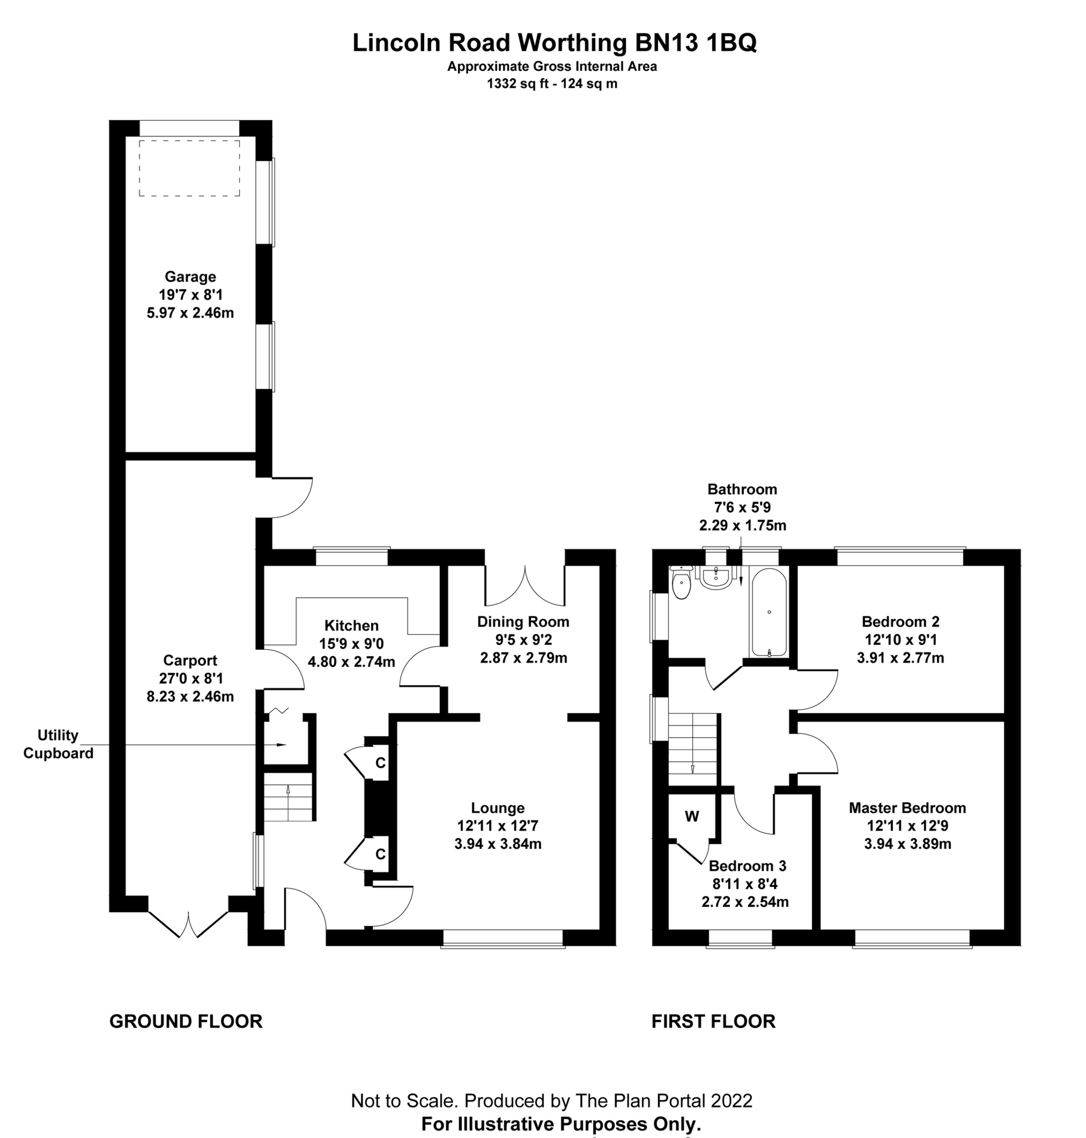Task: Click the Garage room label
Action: tap(190, 277)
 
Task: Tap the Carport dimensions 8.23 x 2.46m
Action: tap(190, 697)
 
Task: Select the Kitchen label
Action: tap(351, 626)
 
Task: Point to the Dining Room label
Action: tap(523, 622)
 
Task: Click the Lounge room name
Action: tap(498, 808)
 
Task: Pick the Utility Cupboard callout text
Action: tap(58, 744)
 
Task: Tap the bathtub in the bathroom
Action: tap(769, 612)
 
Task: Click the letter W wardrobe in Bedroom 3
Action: tap(692, 817)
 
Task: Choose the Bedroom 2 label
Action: tap(900, 622)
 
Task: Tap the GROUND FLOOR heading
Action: tap(186, 1021)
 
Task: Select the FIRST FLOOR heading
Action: tap(713, 1021)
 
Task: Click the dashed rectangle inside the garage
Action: tap(189, 168)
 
